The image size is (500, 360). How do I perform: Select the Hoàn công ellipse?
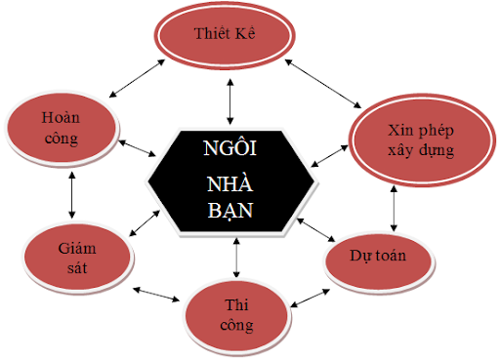[x=61, y=127]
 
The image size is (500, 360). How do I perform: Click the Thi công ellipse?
[x=236, y=309]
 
